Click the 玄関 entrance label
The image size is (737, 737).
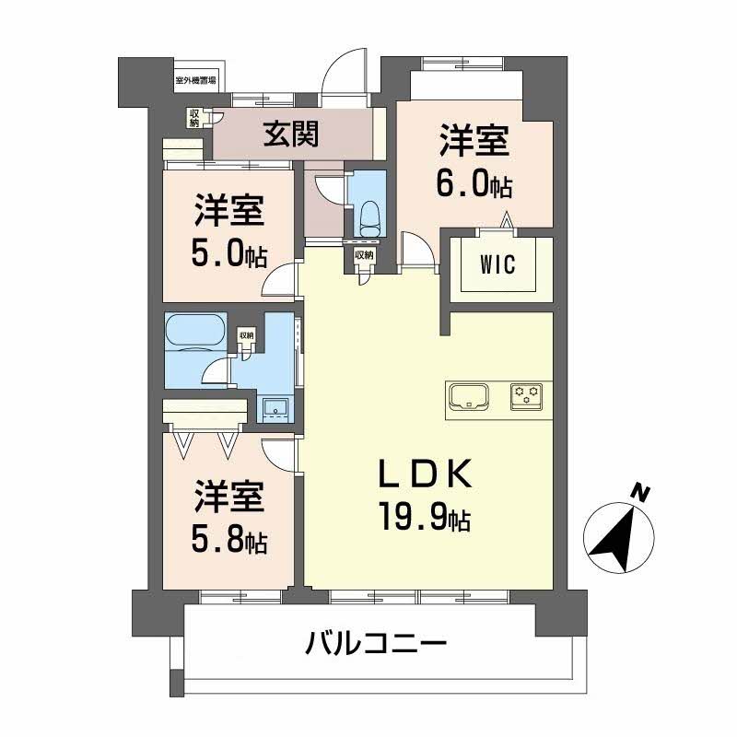[x=293, y=135]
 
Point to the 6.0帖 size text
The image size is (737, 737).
[x=474, y=186]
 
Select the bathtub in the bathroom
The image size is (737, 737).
[x=194, y=332]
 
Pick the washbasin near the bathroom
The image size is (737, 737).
[x=275, y=407]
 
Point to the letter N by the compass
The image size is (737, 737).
[x=638, y=495]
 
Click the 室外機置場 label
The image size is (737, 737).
[x=195, y=80]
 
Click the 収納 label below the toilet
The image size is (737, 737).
[x=363, y=255]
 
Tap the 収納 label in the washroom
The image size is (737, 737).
[x=246, y=335]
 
